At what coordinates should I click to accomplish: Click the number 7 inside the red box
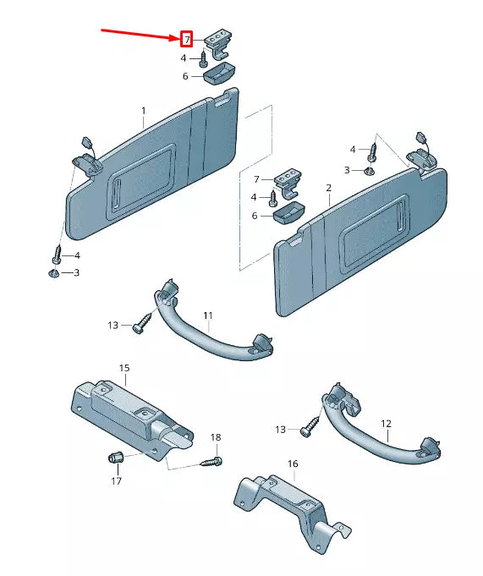pos(186,39)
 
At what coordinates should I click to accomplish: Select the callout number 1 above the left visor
pos(144,111)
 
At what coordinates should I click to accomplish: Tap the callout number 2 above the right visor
pos(328,186)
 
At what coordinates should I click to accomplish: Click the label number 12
pos(386,423)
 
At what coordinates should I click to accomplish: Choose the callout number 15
pos(124,368)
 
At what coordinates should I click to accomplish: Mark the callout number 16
pos(293,464)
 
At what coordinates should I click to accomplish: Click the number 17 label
pos(116,480)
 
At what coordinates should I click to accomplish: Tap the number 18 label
pos(216,437)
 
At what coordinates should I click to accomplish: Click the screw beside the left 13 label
pos(142,323)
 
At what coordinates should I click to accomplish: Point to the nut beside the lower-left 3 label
pos(54,272)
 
